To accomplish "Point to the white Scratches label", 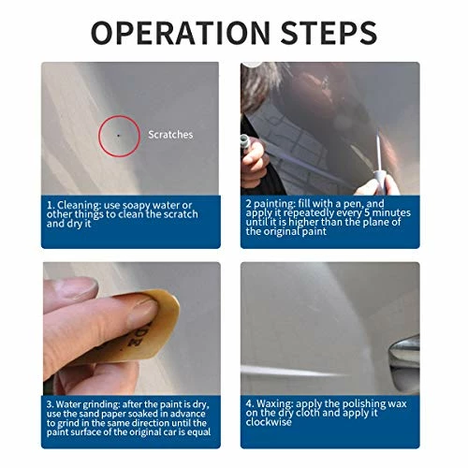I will pyautogui.click(x=171, y=135).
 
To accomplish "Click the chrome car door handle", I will pyautogui.click(x=407, y=352).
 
